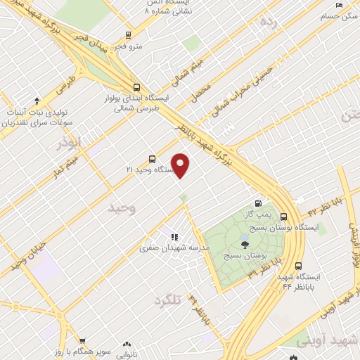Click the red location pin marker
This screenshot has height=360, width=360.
coord(181,165)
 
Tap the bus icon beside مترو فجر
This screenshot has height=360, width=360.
coord(128,34)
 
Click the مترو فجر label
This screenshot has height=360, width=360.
coord(129,46)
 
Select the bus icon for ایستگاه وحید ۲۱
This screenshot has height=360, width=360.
coord(153,159)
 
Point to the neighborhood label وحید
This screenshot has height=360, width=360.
coord(121,208)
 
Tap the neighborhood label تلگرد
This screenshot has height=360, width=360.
coord(168,301)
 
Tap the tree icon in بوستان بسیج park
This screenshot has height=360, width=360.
coord(245,244)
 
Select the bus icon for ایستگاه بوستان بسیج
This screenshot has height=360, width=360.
coord(284,217)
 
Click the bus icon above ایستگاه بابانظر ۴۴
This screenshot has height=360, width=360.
coord(299,266)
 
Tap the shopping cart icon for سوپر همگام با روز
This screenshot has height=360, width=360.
coord(82,340)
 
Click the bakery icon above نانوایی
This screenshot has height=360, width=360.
coord(127,345)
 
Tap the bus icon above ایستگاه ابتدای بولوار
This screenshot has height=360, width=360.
coord(136,88)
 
